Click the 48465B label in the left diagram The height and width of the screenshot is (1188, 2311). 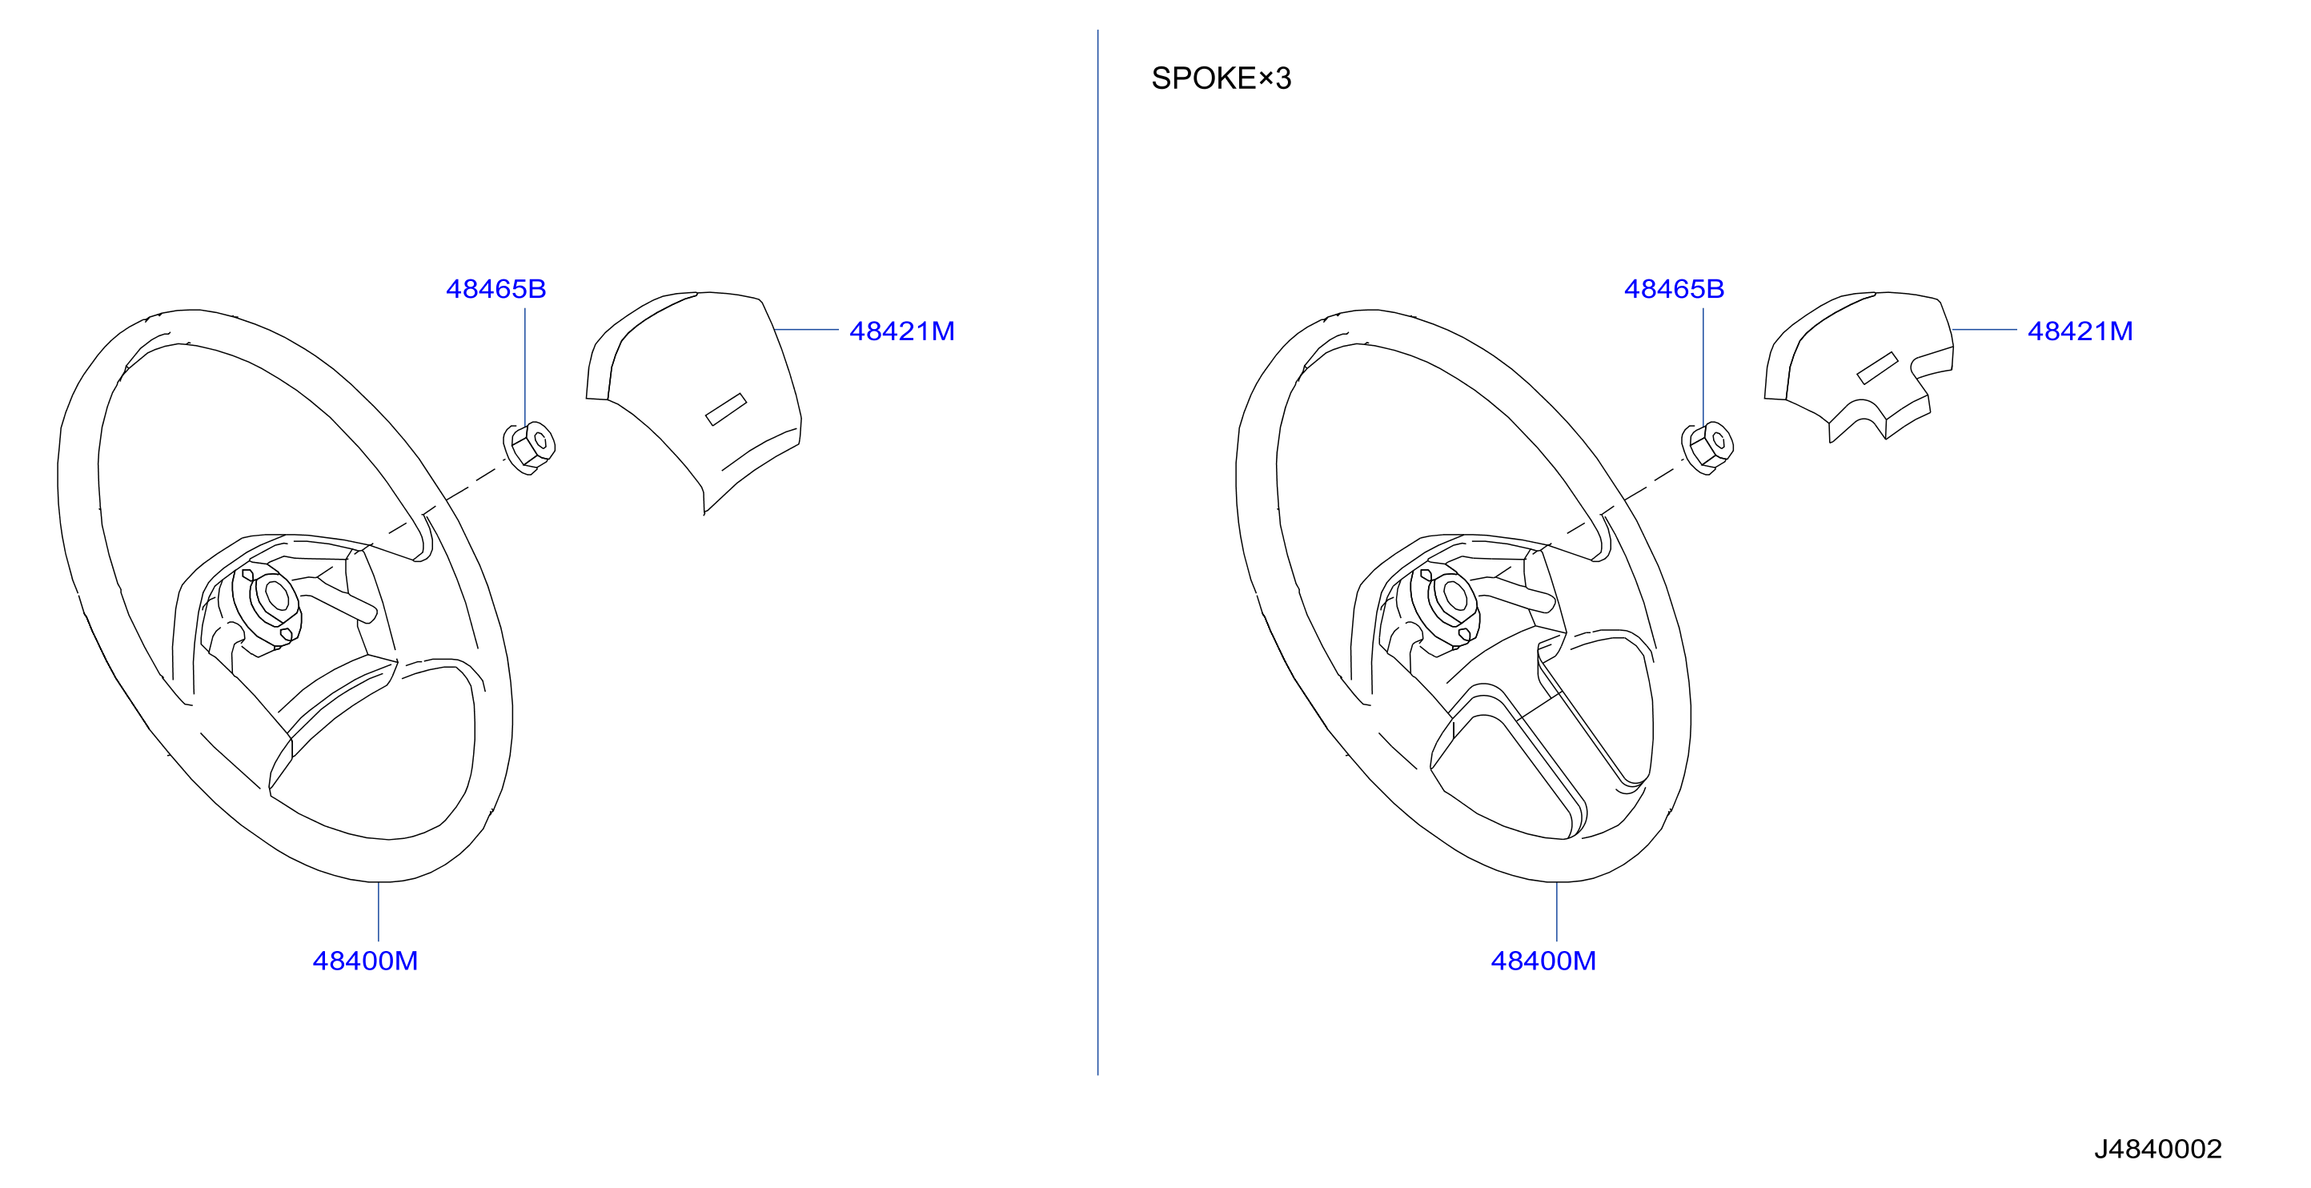click(496, 289)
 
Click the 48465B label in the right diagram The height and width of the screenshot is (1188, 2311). click(1674, 289)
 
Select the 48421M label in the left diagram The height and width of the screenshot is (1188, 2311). click(901, 331)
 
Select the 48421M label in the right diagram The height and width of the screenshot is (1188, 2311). click(2080, 331)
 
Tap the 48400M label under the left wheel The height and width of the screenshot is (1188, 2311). click(365, 961)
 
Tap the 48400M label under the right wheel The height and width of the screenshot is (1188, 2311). click(1543, 961)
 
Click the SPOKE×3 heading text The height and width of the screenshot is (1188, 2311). click(1221, 78)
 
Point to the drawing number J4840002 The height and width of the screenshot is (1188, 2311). click(2157, 1150)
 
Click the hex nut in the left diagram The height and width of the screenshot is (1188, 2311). click(529, 448)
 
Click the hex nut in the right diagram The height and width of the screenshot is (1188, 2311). click(1707, 448)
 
